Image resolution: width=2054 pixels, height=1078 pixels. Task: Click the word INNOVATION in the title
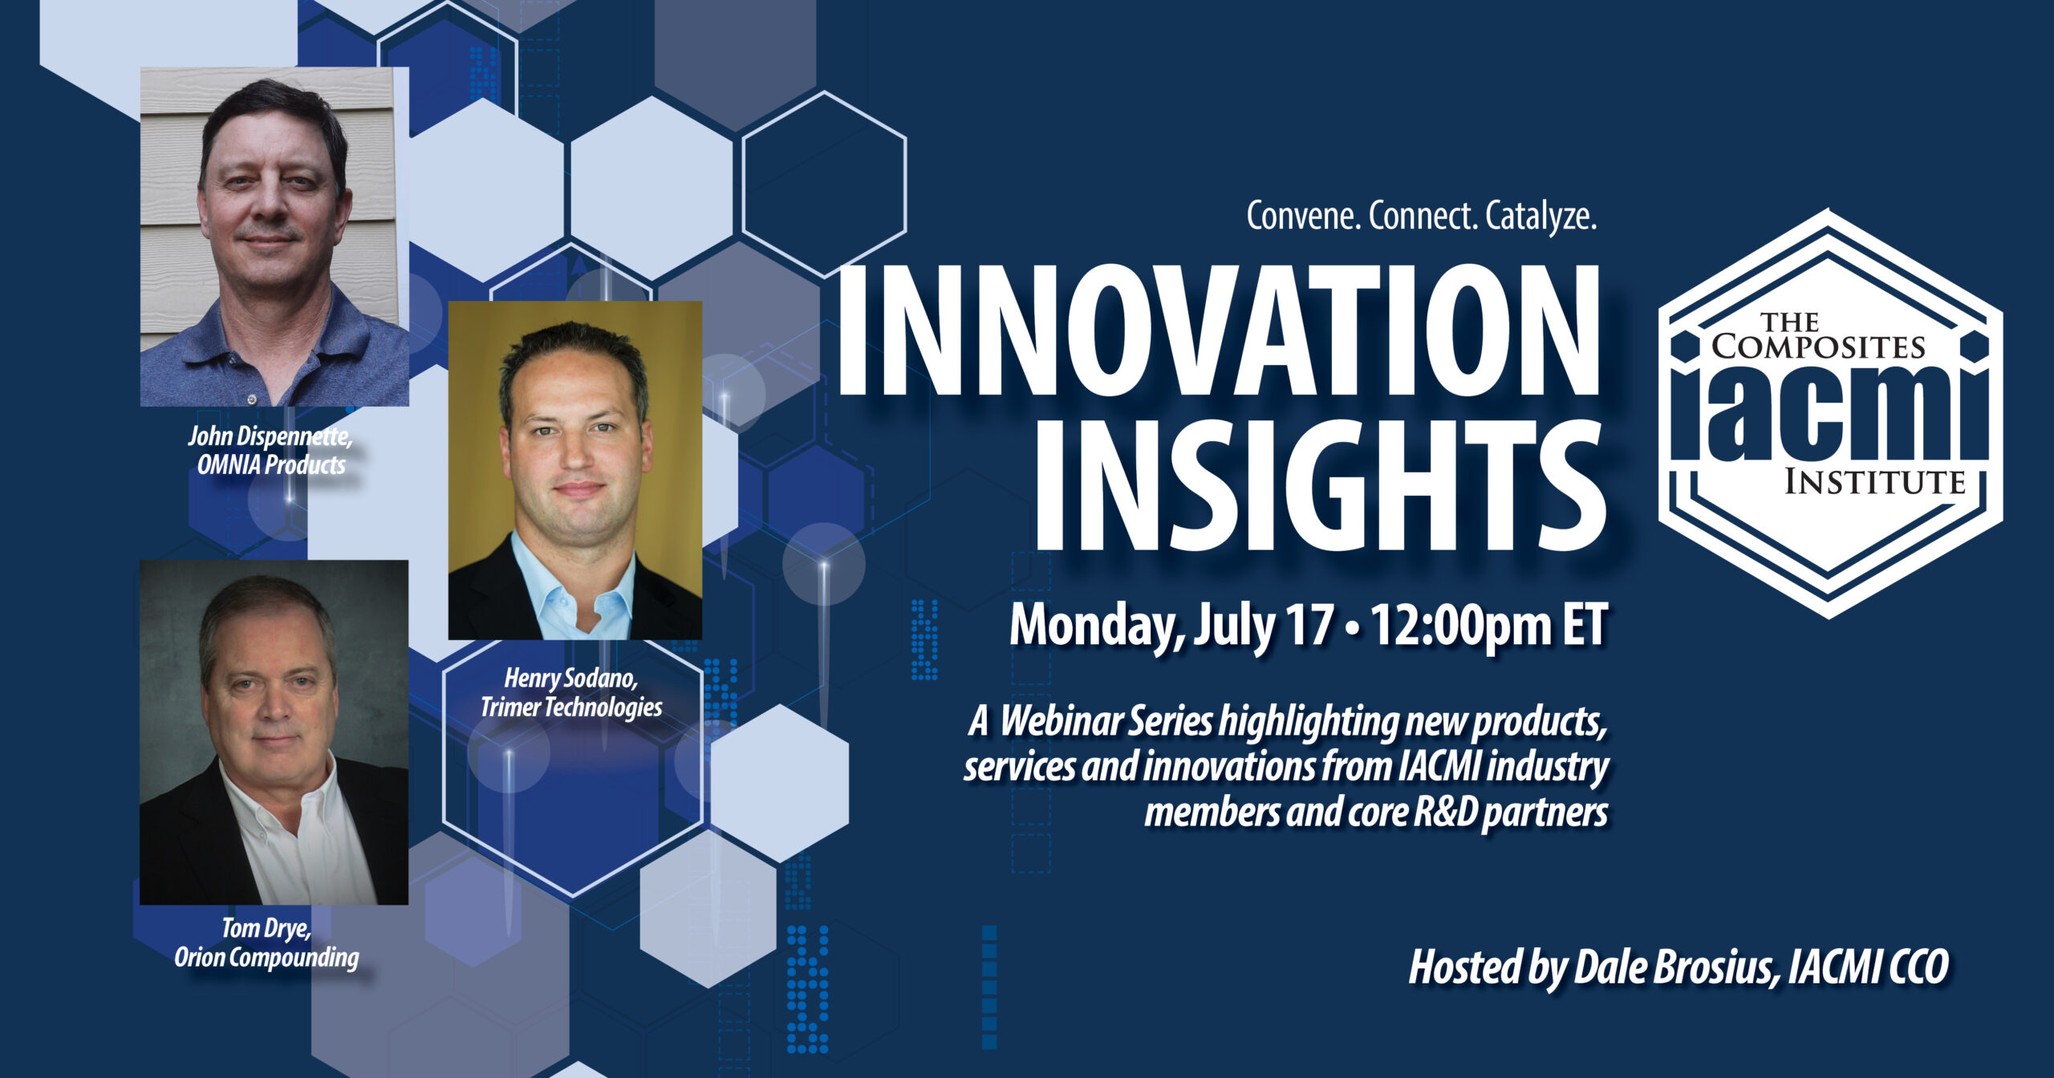pos(1219,330)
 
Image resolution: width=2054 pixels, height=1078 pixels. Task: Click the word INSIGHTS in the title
pos(1320,484)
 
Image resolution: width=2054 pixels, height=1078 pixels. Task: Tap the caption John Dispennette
pos(270,437)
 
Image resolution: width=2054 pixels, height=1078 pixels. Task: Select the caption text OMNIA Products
pos(271,465)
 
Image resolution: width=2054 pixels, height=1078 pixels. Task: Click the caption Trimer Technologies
pos(571,707)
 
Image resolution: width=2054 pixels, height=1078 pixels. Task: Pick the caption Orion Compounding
pos(266,958)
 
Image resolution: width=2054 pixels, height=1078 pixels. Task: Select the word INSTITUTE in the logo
pos(1874,482)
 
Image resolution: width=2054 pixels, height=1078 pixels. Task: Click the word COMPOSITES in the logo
pos(1818,346)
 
